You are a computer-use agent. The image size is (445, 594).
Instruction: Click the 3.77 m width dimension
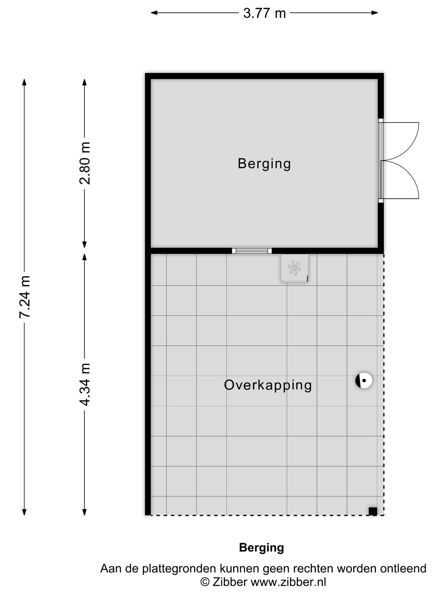[264, 13]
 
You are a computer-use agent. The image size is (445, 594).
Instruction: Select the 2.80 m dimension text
[85, 163]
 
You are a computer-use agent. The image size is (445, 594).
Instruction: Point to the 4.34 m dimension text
[85, 384]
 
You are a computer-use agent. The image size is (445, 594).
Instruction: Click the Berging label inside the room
[264, 164]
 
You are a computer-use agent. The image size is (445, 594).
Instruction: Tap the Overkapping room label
[268, 385]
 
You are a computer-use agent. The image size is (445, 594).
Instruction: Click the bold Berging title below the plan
[262, 548]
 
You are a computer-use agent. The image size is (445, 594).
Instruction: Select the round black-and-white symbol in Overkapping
[364, 380]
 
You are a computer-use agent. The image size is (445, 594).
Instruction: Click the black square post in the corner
[373, 511]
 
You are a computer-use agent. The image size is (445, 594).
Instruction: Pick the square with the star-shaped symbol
[294, 268]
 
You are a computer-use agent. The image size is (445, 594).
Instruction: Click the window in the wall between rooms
[252, 251]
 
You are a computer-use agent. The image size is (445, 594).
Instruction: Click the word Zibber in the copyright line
[230, 582]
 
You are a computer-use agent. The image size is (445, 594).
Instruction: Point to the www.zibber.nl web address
[288, 582]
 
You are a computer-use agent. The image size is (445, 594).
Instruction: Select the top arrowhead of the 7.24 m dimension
[24, 82]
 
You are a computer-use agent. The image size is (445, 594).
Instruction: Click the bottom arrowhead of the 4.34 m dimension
[85, 512]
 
